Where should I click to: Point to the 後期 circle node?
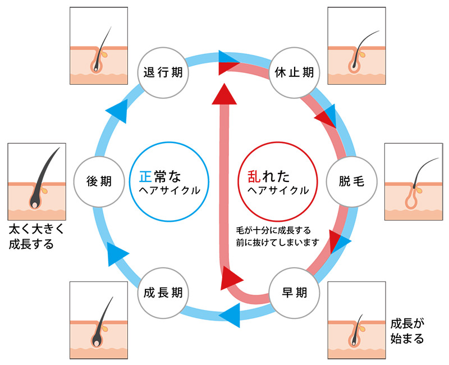click(99, 181)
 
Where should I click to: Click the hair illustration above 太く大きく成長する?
click(36, 181)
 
